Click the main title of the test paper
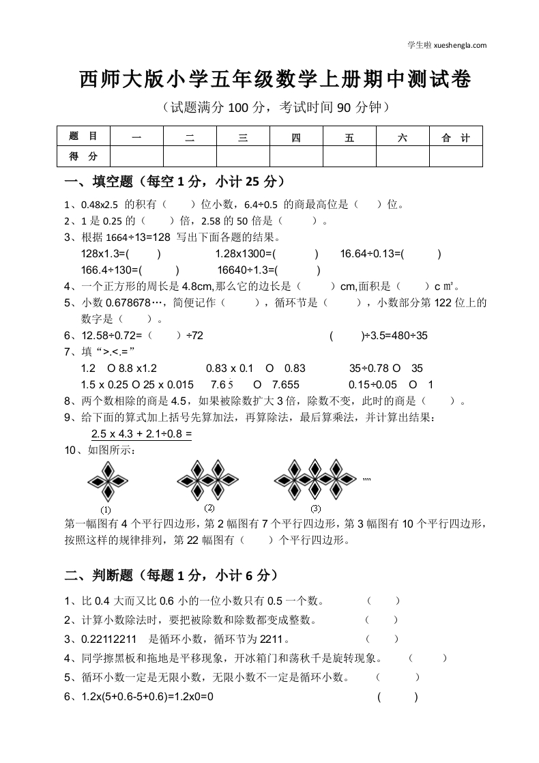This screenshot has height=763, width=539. (x=275, y=81)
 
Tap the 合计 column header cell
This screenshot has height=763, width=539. (x=456, y=138)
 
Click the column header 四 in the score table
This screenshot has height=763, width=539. (x=296, y=138)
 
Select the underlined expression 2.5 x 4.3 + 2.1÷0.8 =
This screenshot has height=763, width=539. (x=141, y=433)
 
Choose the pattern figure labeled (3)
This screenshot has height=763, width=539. (x=315, y=478)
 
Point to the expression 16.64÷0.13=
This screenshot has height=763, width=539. (x=372, y=254)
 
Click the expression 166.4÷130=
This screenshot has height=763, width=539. (x=111, y=270)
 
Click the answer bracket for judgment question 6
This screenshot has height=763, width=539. (x=396, y=697)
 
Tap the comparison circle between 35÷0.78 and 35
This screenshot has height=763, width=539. (x=396, y=368)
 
